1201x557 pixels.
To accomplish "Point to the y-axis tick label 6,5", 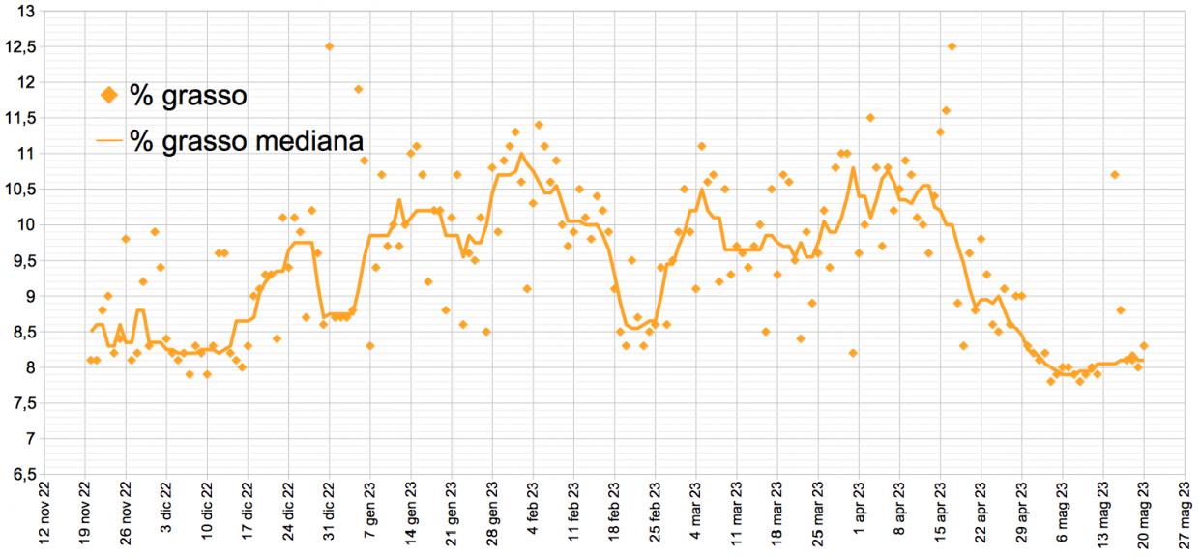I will (x=22, y=474).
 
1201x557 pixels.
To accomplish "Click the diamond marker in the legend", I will (x=109, y=96).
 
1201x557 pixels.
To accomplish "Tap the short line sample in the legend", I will (x=109, y=140).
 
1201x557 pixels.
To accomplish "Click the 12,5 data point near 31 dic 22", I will (x=330, y=46).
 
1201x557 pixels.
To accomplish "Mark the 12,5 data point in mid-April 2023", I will (x=952, y=46).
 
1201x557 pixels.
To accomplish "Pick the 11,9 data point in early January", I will (x=359, y=89).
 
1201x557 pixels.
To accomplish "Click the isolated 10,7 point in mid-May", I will (x=1115, y=175).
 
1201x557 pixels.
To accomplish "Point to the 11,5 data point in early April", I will (x=870, y=118).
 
